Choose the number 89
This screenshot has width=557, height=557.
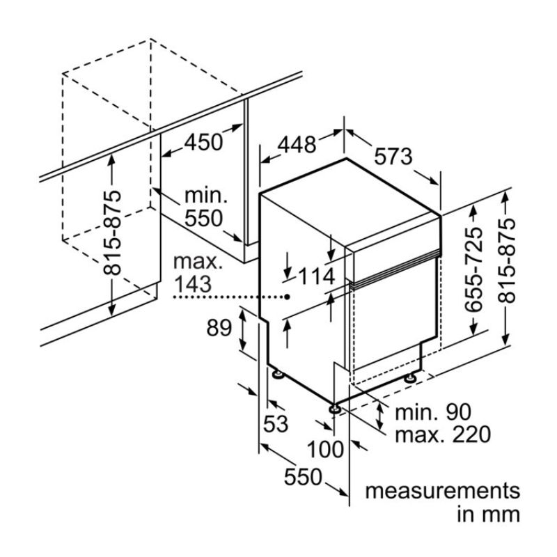click(219, 327)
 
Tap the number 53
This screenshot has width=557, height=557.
click(276, 423)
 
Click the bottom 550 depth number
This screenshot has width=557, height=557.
click(304, 478)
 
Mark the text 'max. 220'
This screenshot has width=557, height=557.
click(441, 435)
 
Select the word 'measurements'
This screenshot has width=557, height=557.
click(443, 490)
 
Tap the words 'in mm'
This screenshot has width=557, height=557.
click(488, 515)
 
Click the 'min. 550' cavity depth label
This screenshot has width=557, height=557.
click(204, 206)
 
